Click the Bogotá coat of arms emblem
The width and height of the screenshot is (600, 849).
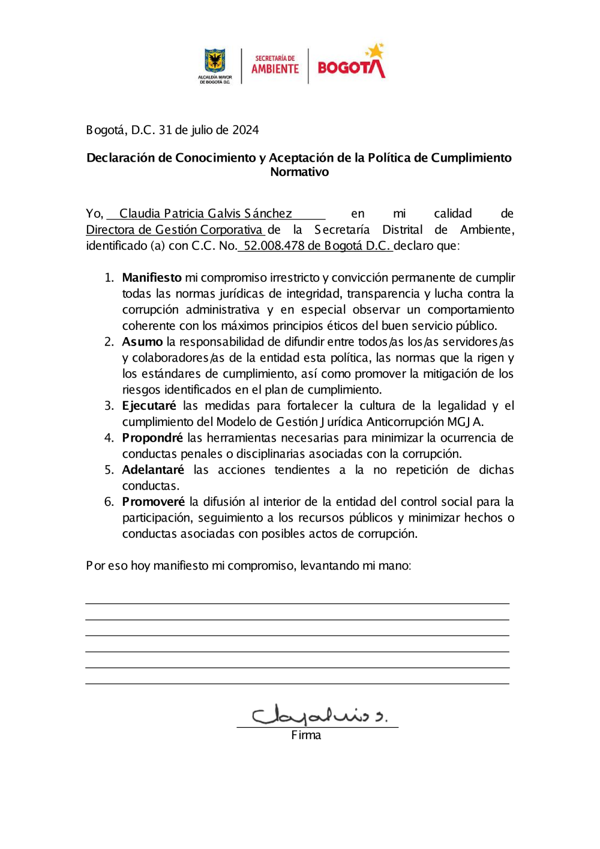click(215, 61)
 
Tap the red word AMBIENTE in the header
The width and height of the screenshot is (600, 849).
click(275, 68)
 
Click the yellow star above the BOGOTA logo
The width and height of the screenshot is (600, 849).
click(376, 51)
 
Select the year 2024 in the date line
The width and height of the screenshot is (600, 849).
click(245, 130)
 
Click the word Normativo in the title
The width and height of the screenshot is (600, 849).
click(299, 172)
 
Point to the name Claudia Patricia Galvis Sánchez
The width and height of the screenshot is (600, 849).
click(205, 213)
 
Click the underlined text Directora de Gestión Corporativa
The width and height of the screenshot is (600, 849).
click(174, 230)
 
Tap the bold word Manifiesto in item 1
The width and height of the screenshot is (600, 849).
click(152, 278)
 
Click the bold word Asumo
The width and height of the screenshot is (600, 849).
click(142, 342)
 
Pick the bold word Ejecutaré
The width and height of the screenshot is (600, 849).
click(149, 406)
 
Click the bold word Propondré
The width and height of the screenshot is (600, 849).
click(152, 438)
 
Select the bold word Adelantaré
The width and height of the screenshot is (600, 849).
click(153, 470)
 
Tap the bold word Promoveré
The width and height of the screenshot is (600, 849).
click(153, 502)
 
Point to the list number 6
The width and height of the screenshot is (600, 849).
click(109, 502)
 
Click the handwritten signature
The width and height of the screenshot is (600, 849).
click(318, 714)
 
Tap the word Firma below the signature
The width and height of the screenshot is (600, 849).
click(306, 735)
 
